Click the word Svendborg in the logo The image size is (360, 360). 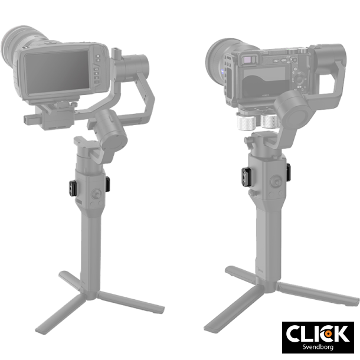tap(318, 346)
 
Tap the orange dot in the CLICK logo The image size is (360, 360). tap(329, 333)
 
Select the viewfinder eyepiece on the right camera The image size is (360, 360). tap(248, 60)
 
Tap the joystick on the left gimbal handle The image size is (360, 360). tap(96, 194)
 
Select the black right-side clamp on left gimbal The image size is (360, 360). tap(107, 184)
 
